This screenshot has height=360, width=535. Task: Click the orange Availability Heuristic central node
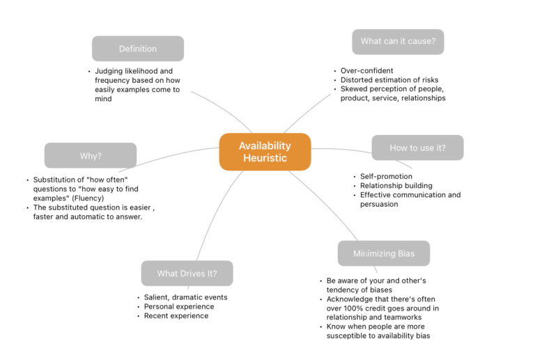265,152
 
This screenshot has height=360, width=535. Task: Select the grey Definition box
138,49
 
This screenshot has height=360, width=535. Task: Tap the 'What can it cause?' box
398,41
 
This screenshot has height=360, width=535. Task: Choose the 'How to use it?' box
417,148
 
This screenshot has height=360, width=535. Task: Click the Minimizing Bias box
383,253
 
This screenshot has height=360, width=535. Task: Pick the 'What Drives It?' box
187,274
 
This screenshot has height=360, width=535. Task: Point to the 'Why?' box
91,156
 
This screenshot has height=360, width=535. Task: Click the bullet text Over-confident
367,71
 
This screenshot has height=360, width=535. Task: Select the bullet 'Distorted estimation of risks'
389,80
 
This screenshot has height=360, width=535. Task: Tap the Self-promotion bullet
387,177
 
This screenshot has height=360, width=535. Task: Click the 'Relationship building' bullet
396,186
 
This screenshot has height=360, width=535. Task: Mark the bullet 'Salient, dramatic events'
186,297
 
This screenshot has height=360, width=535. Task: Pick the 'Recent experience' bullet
176,315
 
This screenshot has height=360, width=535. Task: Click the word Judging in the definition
110,71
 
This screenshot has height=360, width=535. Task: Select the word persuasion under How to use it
380,204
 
